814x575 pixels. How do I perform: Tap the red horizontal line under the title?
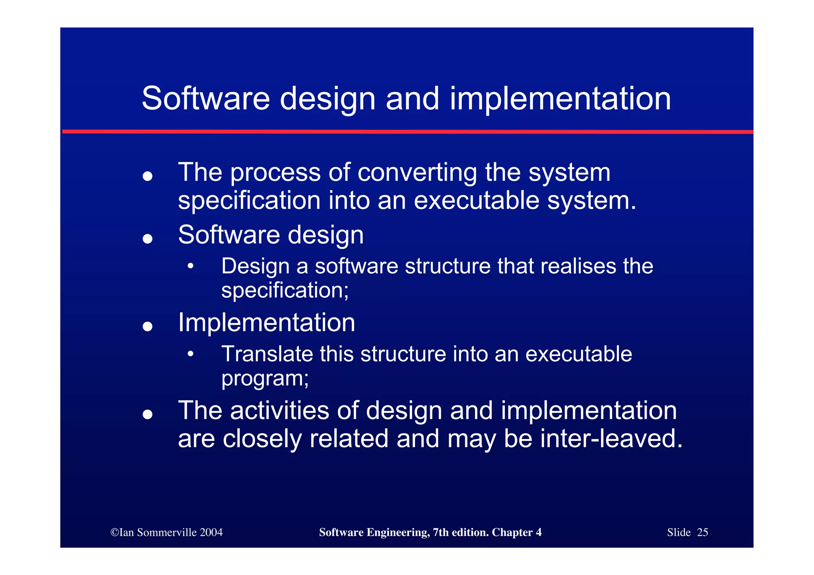(407, 132)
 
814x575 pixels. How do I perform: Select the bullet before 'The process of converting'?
(147, 176)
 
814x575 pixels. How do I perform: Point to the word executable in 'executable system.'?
(476, 200)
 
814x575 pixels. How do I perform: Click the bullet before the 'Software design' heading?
(147, 238)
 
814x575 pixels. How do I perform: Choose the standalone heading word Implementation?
(266, 322)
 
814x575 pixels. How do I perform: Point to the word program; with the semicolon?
(265, 378)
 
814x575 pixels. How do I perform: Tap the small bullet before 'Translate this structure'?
(191, 353)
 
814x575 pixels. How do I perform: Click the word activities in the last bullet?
(279, 410)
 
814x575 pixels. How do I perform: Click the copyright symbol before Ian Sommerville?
(114, 532)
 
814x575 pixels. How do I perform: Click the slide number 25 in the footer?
(702, 532)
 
